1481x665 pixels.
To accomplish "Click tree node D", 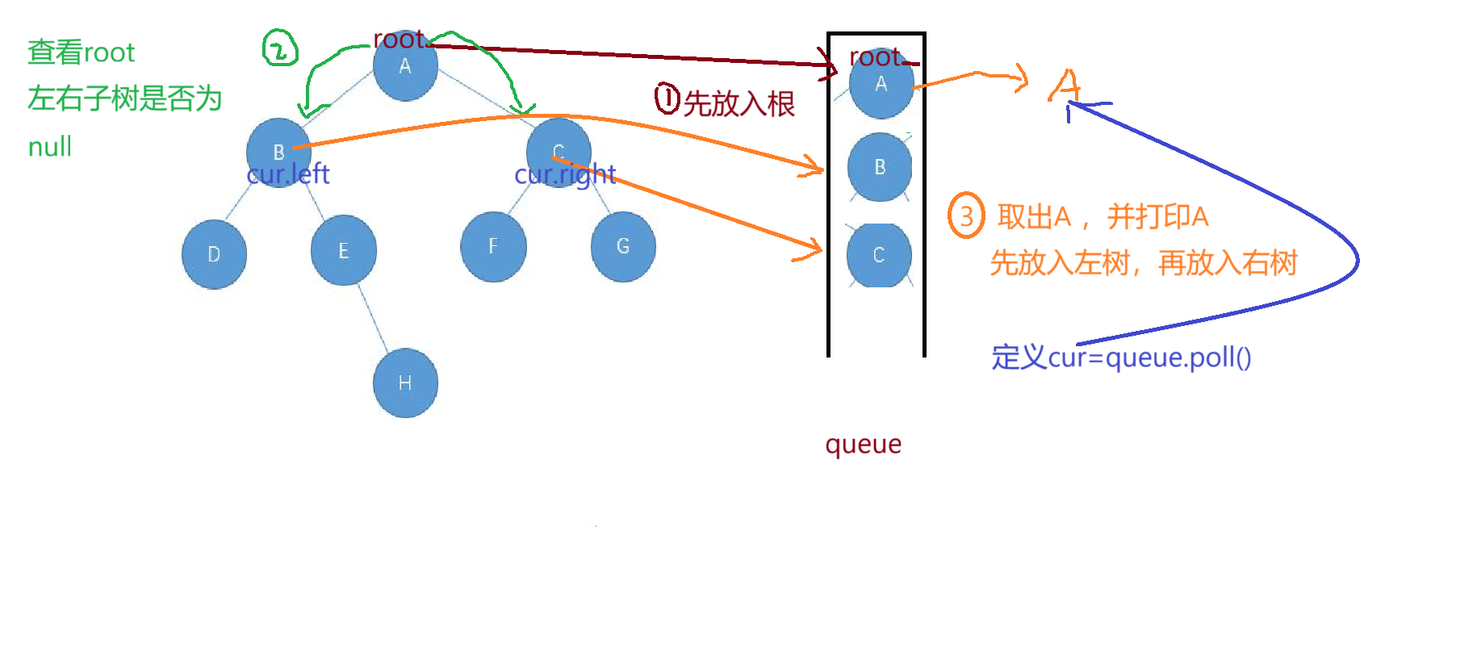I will [x=214, y=254].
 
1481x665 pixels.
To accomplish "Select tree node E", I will [x=344, y=250].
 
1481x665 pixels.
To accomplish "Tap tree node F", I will [x=493, y=247].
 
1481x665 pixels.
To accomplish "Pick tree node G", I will [x=623, y=246].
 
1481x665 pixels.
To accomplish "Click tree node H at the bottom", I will [x=405, y=383].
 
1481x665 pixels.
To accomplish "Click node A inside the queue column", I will [x=881, y=86].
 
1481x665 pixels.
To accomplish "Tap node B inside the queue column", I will [x=879, y=167].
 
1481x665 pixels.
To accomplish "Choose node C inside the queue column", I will [x=879, y=255].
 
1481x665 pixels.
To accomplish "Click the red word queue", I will [x=863, y=444].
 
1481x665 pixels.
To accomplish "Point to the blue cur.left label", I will [x=288, y=174].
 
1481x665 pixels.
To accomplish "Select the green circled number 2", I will [x=279, y=49].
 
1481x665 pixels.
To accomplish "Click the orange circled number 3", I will [x=966, y=215].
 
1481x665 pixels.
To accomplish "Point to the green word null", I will [x=49, y=147].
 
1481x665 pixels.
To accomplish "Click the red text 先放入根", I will [x=738, y=103].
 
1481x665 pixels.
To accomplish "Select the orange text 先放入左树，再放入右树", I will [x=1143, y=263].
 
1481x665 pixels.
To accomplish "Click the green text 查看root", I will [x=81, y=52].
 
